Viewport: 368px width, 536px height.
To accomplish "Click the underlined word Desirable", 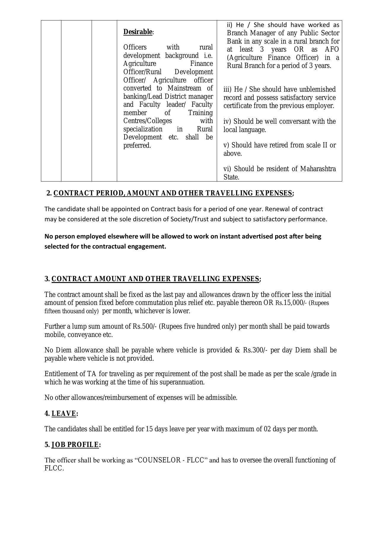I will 138,32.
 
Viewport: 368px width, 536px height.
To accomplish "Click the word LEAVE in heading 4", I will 64,413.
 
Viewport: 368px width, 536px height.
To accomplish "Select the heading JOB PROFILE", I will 75,445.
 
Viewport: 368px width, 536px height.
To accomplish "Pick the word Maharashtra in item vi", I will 318,169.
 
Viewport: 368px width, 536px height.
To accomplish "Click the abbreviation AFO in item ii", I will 332,50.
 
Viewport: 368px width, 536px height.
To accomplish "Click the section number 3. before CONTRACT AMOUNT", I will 47,279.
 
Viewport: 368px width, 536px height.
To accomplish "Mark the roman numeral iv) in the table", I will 228,122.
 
